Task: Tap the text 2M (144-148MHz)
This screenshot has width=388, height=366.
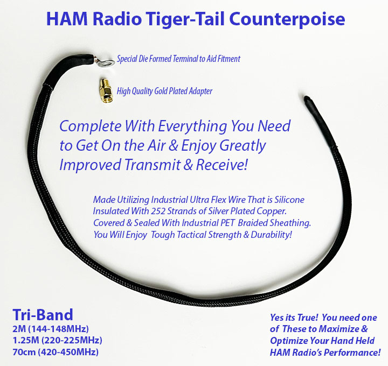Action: (50, 329)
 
